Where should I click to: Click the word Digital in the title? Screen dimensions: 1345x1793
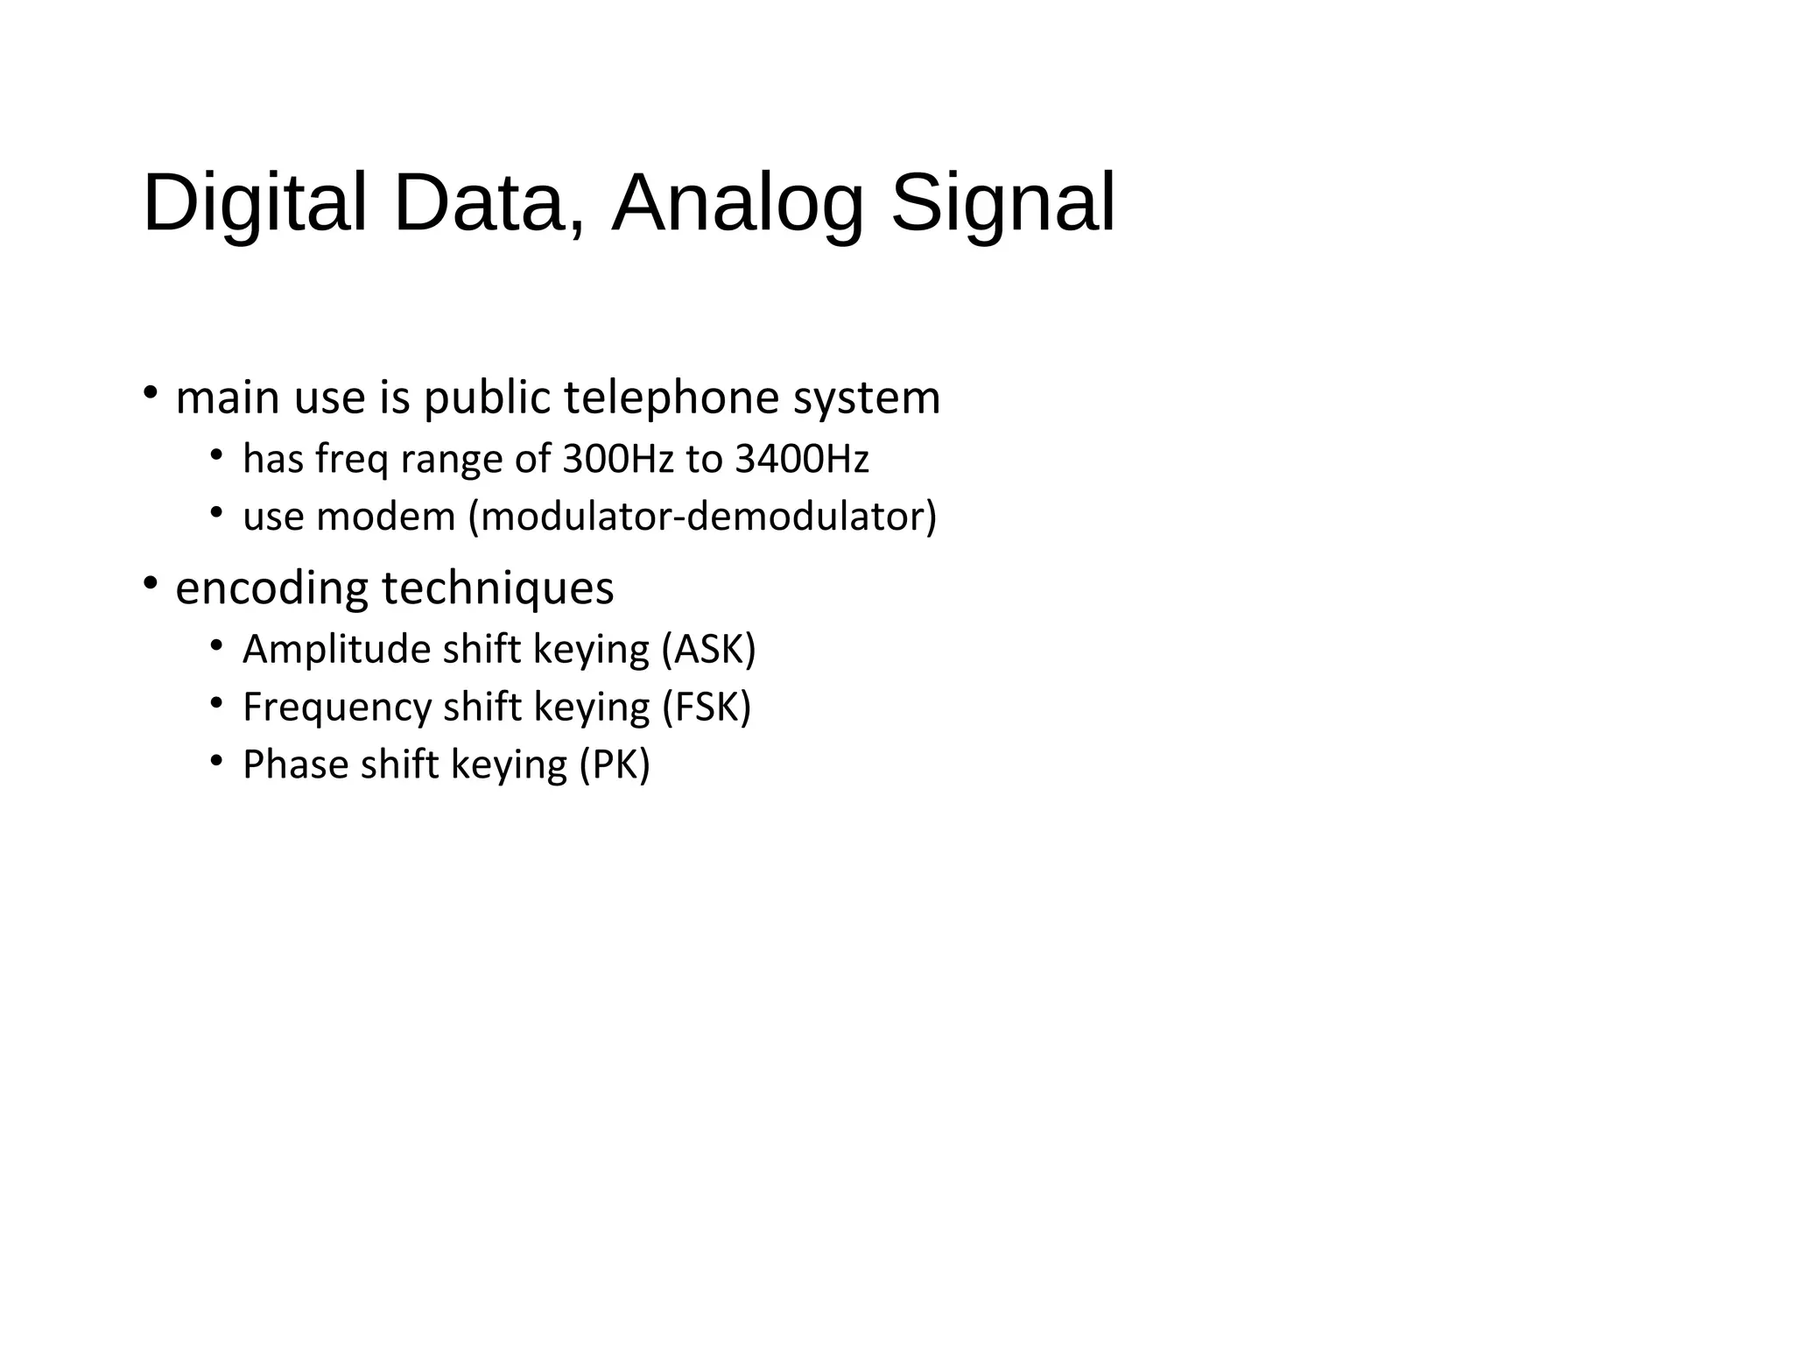(254, 204)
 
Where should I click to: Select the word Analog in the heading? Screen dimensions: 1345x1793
(737, 204)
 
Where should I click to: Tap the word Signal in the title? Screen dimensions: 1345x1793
(1002, 204)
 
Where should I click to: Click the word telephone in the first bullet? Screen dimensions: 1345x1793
(671, 398)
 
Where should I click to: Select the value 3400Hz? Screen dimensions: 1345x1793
(801, 459)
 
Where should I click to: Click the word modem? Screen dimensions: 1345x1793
(386, 517)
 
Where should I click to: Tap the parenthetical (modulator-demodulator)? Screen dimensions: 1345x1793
(702, 517)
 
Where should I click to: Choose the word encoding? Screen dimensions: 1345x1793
(271, 588)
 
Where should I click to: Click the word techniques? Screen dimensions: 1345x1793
(498, 588)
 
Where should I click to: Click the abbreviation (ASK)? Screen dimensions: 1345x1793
(708, 650)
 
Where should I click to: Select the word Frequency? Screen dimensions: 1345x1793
(337, 708)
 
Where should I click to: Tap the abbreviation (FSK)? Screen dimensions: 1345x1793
(707, 708)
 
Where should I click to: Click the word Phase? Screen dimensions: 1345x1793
(295, 764)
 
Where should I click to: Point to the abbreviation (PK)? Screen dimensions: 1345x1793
(615, 764)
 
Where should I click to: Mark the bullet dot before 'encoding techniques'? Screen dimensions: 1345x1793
(151, 582)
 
